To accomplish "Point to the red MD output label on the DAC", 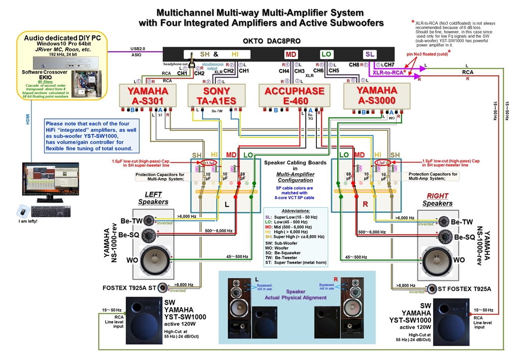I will point(290,54).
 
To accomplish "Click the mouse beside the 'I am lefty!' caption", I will point(22,209).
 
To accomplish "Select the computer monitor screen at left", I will point(50,180).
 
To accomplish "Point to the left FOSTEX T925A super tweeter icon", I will point(163,288).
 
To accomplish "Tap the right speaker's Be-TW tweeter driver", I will point(444,221).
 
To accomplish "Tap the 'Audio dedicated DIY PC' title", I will point(62,38).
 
